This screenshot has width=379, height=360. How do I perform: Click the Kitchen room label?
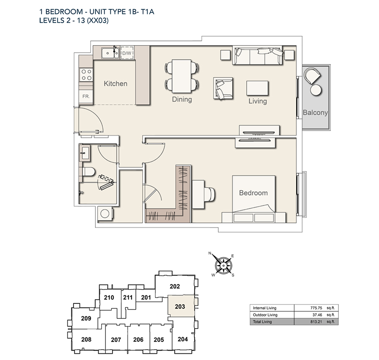116,84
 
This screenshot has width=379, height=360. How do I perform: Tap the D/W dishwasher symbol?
126,54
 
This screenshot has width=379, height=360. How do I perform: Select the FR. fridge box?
86,96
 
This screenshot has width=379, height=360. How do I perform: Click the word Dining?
182,100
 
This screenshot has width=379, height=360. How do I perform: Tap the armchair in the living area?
224,89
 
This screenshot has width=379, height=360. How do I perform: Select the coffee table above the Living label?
258,88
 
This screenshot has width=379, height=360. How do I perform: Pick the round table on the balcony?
315,90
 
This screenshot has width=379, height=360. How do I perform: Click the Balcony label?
315,113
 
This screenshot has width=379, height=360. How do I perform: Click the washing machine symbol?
105,214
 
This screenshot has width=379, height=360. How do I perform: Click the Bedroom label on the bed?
253,193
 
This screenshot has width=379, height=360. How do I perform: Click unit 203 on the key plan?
180,306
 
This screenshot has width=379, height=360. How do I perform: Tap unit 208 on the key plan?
86,340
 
